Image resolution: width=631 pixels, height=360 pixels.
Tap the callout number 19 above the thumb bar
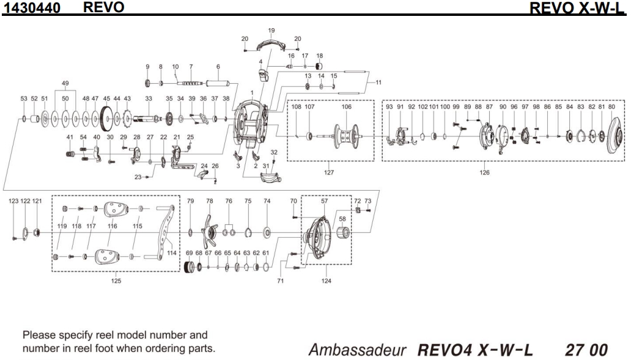click(x=271, y=30)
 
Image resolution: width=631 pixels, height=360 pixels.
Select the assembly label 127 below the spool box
click(x=329, y=172)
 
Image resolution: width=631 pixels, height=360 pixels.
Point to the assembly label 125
click(x=116, y=281)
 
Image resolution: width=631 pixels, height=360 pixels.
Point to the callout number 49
click(x=65, y=84)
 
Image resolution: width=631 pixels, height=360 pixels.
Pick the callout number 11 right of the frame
click(x=378, y=82)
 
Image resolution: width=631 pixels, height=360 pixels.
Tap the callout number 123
click(x=13, y=201)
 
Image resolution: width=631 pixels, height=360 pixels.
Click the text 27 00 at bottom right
click(x=586, y=350)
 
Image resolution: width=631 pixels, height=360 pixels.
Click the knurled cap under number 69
click(x=190, y=267)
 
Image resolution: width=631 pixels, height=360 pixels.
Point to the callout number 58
click(x=342, y=218)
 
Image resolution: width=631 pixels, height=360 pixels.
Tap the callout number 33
click(x=148, y=98)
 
